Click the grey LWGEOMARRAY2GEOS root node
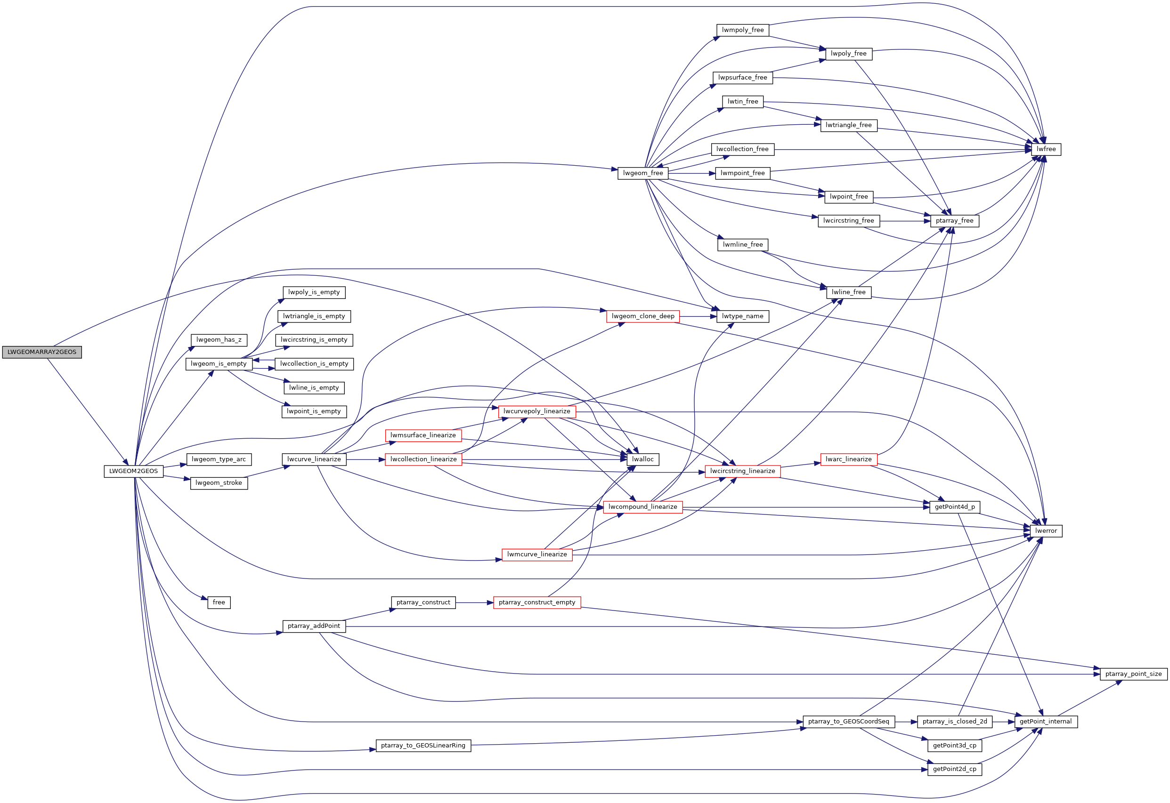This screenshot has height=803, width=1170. pyautogui.click(x=42, y=352)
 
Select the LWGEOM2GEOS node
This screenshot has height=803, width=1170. pyautogui.click(x=133, y=472)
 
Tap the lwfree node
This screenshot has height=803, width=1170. pyautogui.click(x=1046, y=149)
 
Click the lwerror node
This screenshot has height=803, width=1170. pyautogui.click(x=1046, y=531)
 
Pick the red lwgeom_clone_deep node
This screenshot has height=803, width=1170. pyautogui.click(x=643, y=316)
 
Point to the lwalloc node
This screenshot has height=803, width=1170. pyautogui.click(x=642, y=459)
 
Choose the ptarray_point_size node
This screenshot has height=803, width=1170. pyautogui.click(x=1133, y=674)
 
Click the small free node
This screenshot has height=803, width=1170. pyautogui.click(x=219, y=603)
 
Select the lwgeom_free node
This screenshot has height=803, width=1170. pyautogui.click(x=643, y=173)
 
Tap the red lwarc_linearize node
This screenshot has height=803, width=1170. pyautogui.click(x=848, y=459)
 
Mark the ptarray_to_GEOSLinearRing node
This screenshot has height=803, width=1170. pyautogui.click(x=423, y=746)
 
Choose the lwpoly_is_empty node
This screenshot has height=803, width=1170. pyautogui.click(x=314, y=292)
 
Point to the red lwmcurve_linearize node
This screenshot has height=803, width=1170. pyautogui.click(x=536, y=554)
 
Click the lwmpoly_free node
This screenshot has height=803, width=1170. pyautogui.click(x=743, y=30)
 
